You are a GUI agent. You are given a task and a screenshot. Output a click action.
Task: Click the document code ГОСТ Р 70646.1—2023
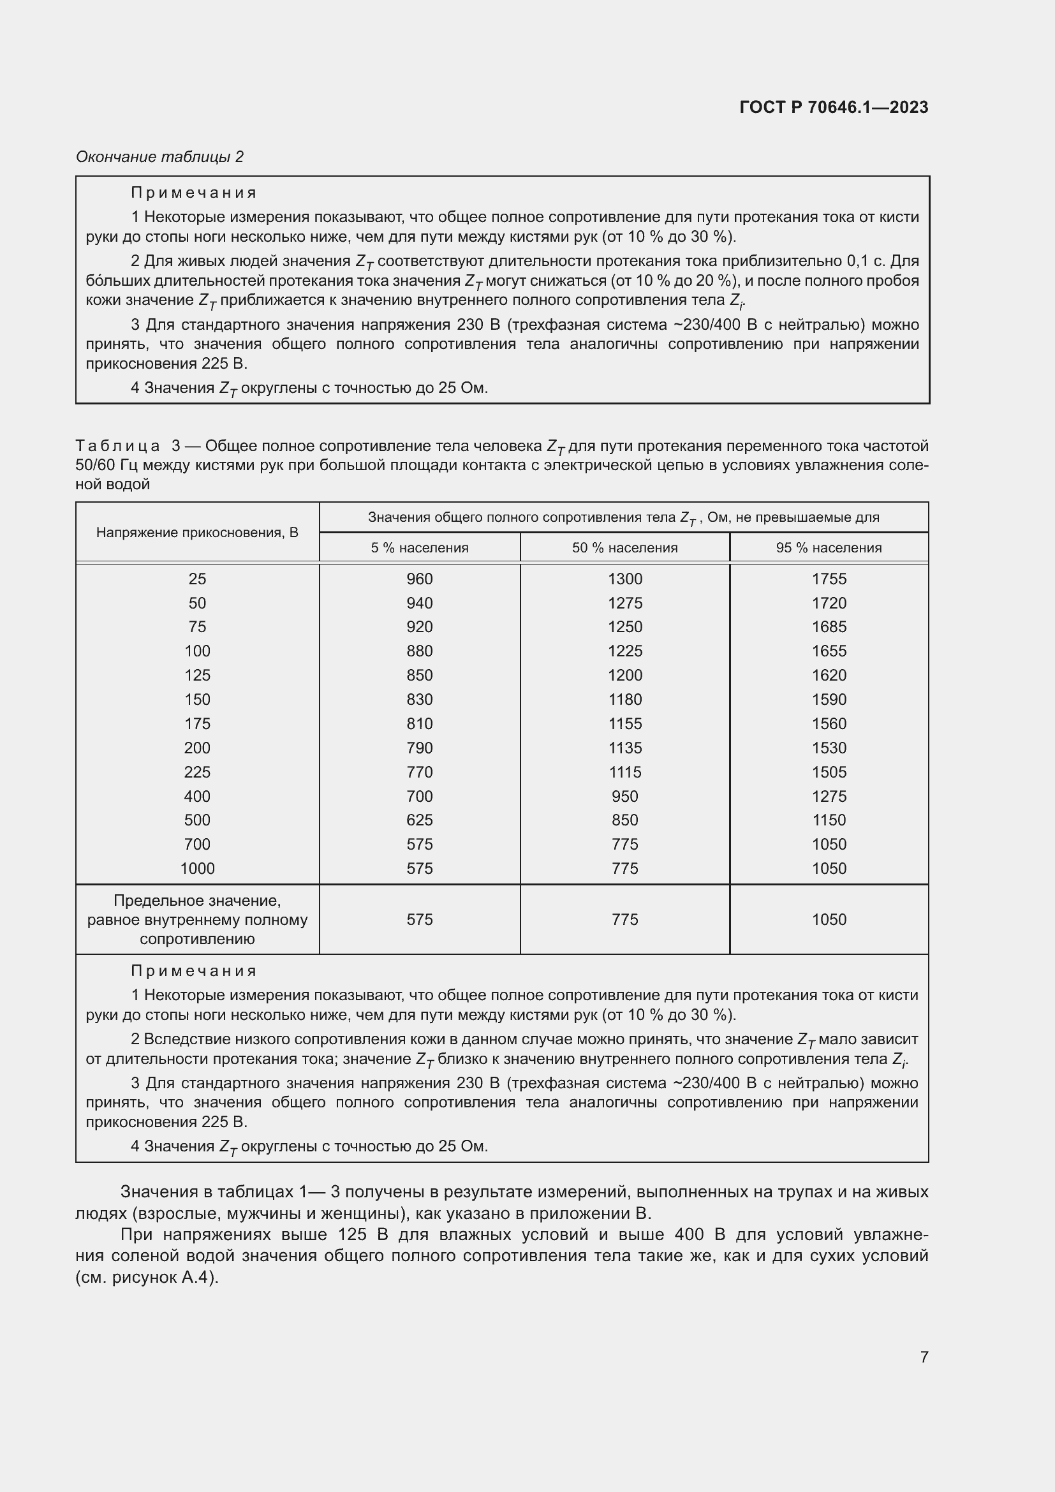[834, 107]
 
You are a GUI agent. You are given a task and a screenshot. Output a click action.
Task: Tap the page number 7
[924, 1356]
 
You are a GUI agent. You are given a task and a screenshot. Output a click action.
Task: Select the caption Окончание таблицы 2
[160, 157]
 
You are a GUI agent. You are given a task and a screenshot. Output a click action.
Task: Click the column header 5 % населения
[420, 548]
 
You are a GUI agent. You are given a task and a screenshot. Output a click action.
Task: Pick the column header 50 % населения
[624, 548]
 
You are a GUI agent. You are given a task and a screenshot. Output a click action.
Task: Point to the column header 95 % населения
[829, 548]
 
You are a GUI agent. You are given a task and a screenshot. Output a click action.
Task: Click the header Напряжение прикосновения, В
[197, 533]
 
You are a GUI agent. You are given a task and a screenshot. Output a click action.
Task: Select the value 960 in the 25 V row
[420, 579]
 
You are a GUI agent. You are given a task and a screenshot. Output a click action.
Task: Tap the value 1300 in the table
[624, 579]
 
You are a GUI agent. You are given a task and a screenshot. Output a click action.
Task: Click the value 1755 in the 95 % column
[829, 579]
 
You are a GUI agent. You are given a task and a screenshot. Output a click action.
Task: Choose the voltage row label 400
[197, 796]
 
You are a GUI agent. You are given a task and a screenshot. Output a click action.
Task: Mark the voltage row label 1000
[197, 869]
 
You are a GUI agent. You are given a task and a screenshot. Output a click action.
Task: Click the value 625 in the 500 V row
[420, 820]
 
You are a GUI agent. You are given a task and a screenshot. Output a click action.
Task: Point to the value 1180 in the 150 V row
[624, 700]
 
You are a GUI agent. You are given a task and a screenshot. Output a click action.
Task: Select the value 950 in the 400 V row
[624, 796]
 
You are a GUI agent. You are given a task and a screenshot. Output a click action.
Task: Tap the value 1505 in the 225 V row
[829, 772]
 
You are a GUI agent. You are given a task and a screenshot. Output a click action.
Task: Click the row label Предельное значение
[197, 901]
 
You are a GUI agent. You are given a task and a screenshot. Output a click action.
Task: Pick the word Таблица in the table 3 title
[117, 446]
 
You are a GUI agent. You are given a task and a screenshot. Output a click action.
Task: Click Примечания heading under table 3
[194, 971]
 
